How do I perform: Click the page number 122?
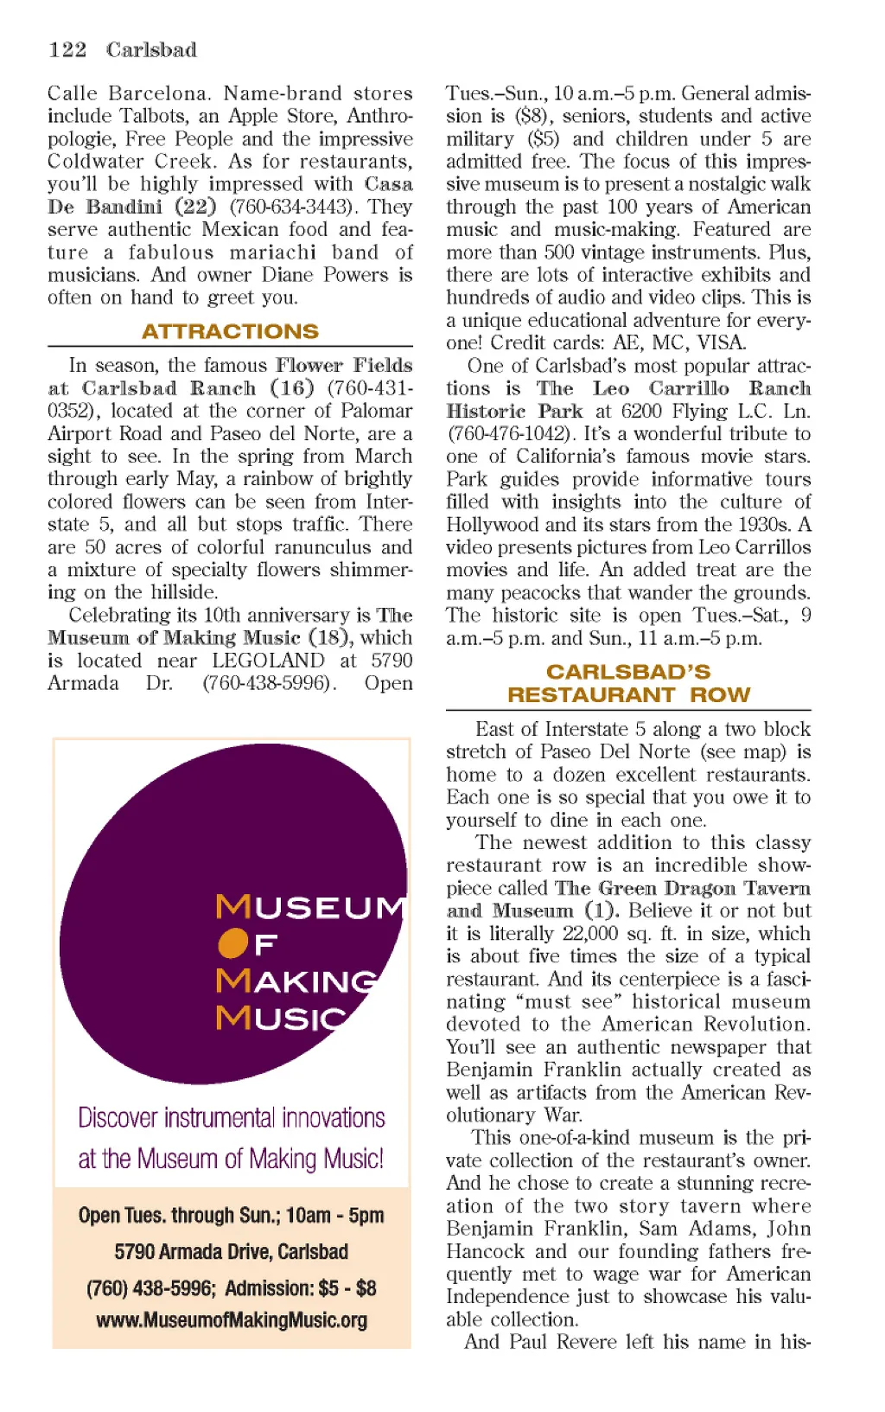pyautogui.click(x=67, y=49)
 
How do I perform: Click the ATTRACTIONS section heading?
pyautogui.click(x=230, y=331)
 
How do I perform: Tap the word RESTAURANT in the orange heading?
pyautogui.click(x=590, y=694)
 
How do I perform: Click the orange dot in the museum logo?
pyautogui.click(x=232, y=943)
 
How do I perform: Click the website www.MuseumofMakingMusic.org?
pyautogui.click(x=232, y=1320)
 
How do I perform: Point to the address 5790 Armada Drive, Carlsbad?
pyautogui.click(x=232, y=1251)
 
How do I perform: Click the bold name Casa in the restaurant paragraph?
pyautogui.click(x=388, y=184)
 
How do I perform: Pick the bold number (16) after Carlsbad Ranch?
pyautogui.click(x=292, y=388)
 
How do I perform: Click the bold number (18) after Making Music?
pyautogui.click(x=331, y=638)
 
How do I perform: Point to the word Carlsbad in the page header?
pyautogui.click(x=151, y=49)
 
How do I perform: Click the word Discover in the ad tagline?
pyautogui.click(x=118, y=1117)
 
